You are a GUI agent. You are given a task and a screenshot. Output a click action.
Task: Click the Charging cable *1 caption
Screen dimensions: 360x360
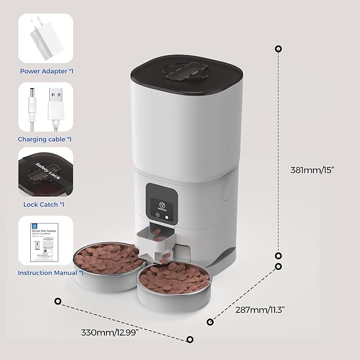coord(45,139)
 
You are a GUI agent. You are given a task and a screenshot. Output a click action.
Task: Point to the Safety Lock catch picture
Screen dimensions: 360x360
coord(46,171)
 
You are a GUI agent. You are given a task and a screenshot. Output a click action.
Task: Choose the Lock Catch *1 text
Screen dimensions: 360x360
coord(45,204)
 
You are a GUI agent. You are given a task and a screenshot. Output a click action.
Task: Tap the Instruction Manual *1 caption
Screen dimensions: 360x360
coord(51,273)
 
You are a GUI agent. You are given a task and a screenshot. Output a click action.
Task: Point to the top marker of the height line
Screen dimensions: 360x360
coord(278,49)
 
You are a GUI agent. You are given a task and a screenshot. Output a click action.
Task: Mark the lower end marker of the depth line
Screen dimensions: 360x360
coord(210,321)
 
